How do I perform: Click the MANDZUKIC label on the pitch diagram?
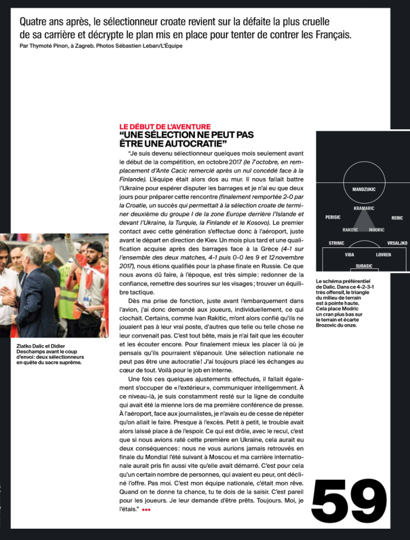coord(363,189)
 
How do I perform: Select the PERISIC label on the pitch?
coord(333,218)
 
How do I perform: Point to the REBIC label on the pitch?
coord(397,218)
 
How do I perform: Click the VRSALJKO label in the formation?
coord(397,243)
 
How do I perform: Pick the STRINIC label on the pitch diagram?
coord(337,243)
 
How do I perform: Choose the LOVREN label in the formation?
coord(384,255)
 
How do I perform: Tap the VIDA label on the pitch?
coord(349,255)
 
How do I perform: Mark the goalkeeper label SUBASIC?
coord(364,266)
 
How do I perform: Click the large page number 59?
coord(349,500)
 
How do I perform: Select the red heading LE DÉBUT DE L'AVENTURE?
coord(165,126)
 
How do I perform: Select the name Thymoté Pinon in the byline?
coord(48,45)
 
